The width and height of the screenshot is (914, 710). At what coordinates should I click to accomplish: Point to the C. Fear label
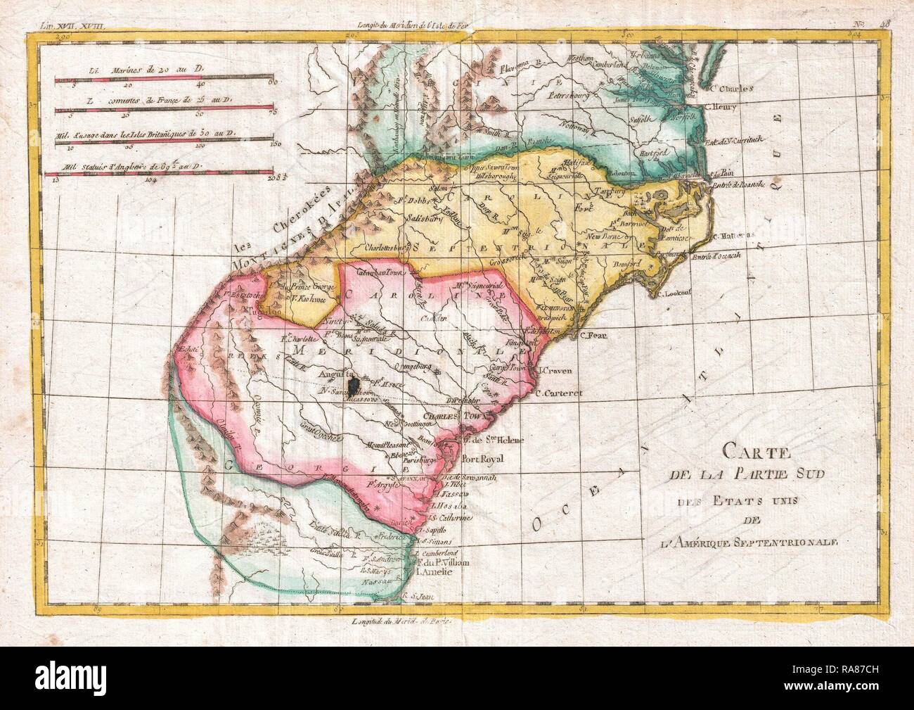point(593,335)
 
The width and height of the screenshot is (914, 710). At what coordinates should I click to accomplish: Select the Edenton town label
point(631,172)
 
